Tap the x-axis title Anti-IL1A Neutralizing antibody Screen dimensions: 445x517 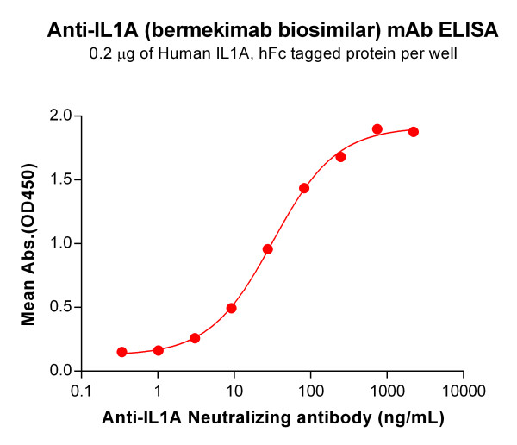click(x=273, y=418)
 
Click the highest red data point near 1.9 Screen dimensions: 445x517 click(x=377, y=129)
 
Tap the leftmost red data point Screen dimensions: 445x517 click(x=122, y=352)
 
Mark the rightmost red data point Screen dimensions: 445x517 click(x=414, y=132)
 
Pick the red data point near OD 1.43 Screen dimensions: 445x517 click(x=304, y=188)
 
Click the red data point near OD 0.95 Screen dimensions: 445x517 click(x=268, y=249)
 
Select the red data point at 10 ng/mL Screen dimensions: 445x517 click(x=232, y=308)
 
